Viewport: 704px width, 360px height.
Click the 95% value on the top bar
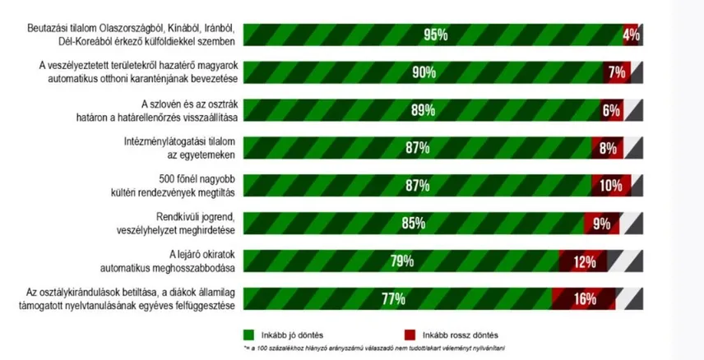pos(435,35)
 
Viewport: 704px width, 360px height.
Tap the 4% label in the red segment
pos(631,35)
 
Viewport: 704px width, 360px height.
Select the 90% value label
pos(424,72)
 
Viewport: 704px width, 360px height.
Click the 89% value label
pos(422,110)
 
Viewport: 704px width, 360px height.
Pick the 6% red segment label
pos(611,110)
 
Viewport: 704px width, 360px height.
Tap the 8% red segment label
pos(608,148)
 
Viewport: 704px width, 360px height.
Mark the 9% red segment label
pos(601,223)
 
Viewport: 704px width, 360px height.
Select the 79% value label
pos(403,261)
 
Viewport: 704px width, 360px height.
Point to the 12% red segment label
pos(585,261)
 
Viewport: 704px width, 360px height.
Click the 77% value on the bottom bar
pos(394,298)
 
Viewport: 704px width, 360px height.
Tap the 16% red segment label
pos(585,298)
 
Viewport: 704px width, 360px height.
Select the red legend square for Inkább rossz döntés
pos(408,335)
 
